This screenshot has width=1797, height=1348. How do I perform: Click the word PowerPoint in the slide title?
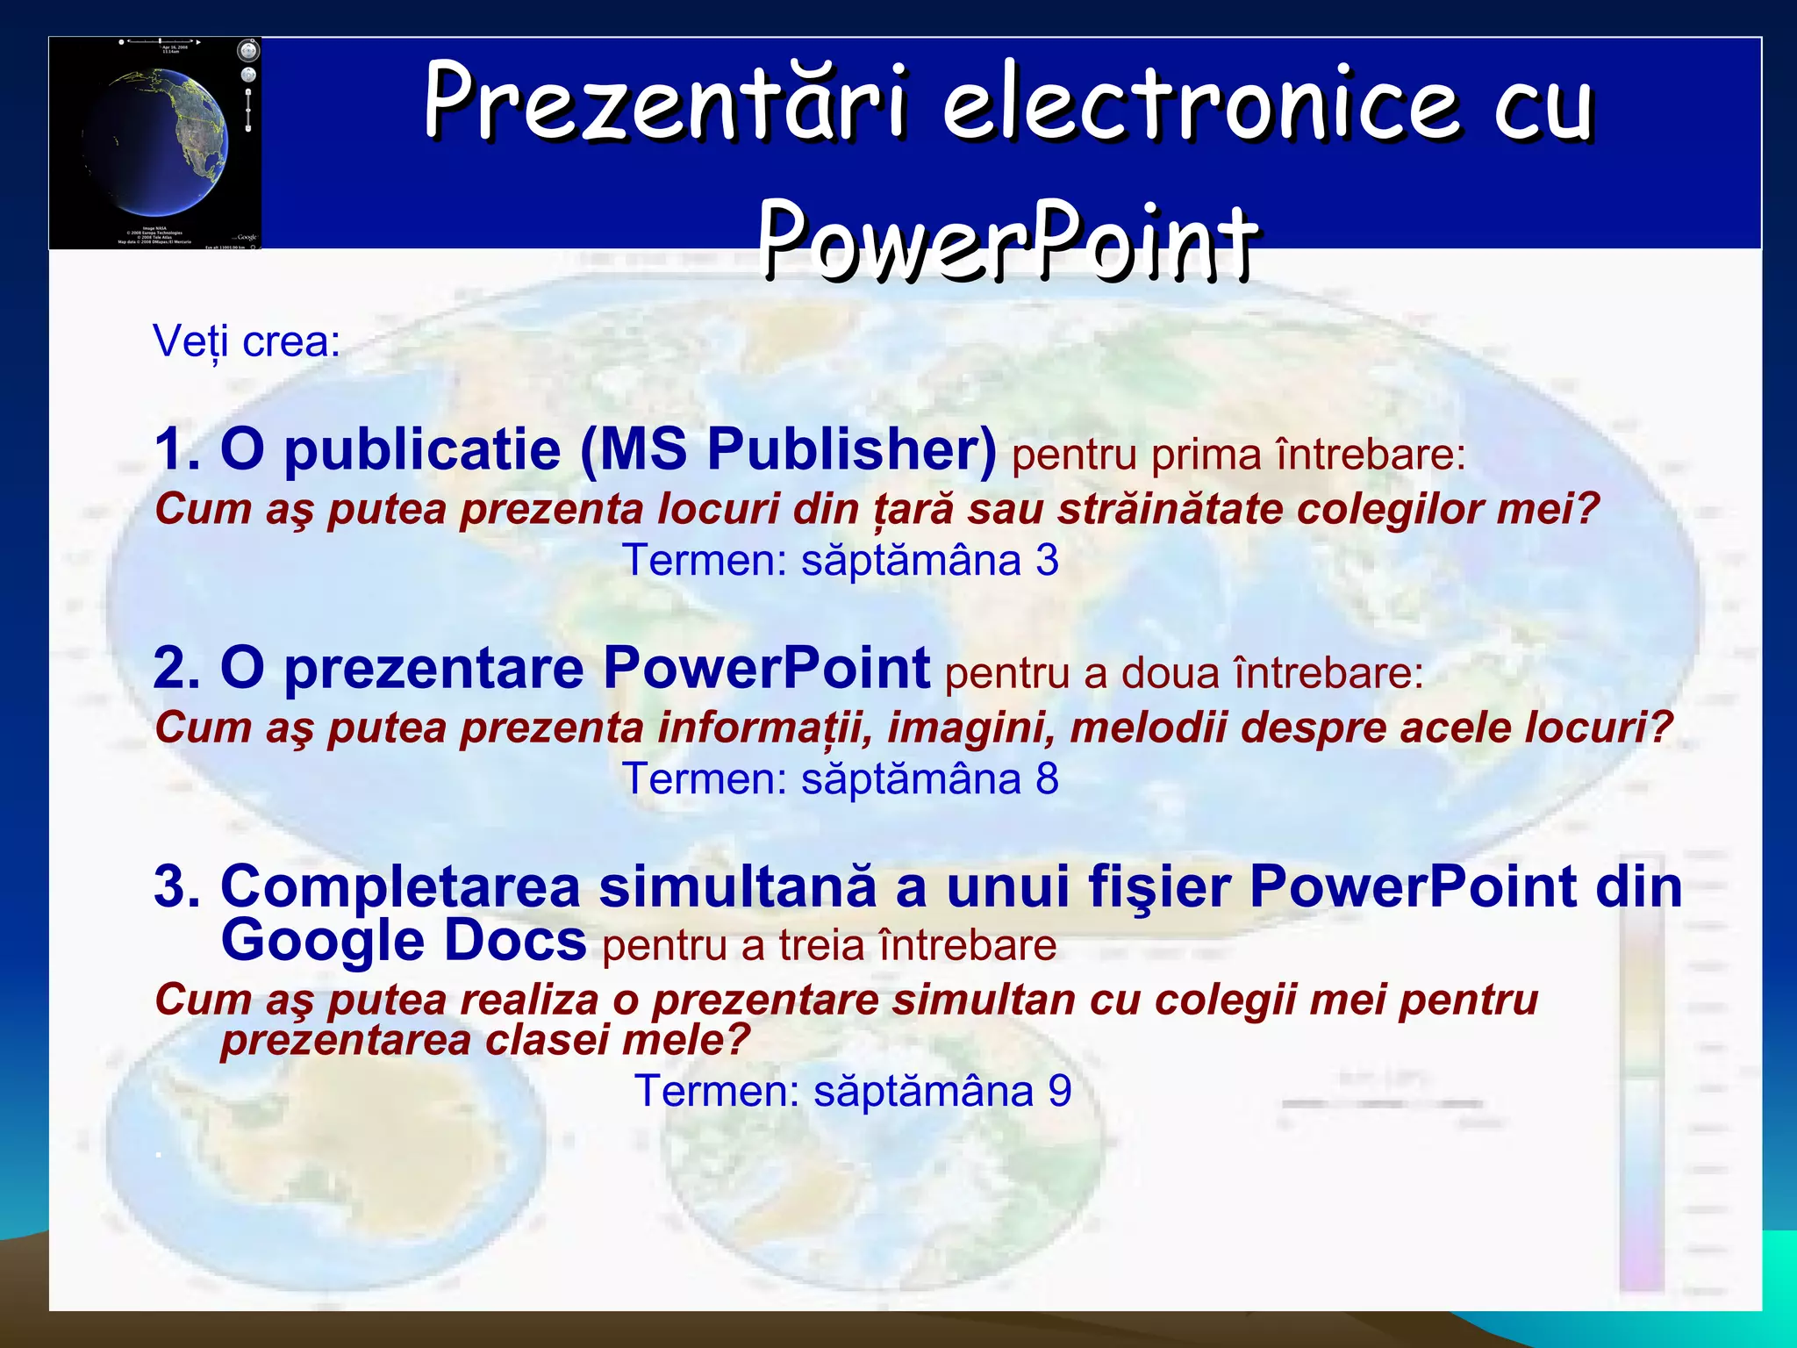pos(1009,239)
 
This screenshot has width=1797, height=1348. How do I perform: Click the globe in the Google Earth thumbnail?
pos(158,140)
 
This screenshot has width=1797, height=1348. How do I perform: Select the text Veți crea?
pos(247,341)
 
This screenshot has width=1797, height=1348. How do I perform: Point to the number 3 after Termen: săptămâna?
pos(1047,560)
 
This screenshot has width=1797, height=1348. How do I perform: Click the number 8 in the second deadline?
pos(1047,778)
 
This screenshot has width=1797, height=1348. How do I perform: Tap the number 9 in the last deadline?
pos(1060,1091)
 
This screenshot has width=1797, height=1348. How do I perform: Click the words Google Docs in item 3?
pos(404,941)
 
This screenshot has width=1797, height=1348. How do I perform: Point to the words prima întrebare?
pos(1307,455)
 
